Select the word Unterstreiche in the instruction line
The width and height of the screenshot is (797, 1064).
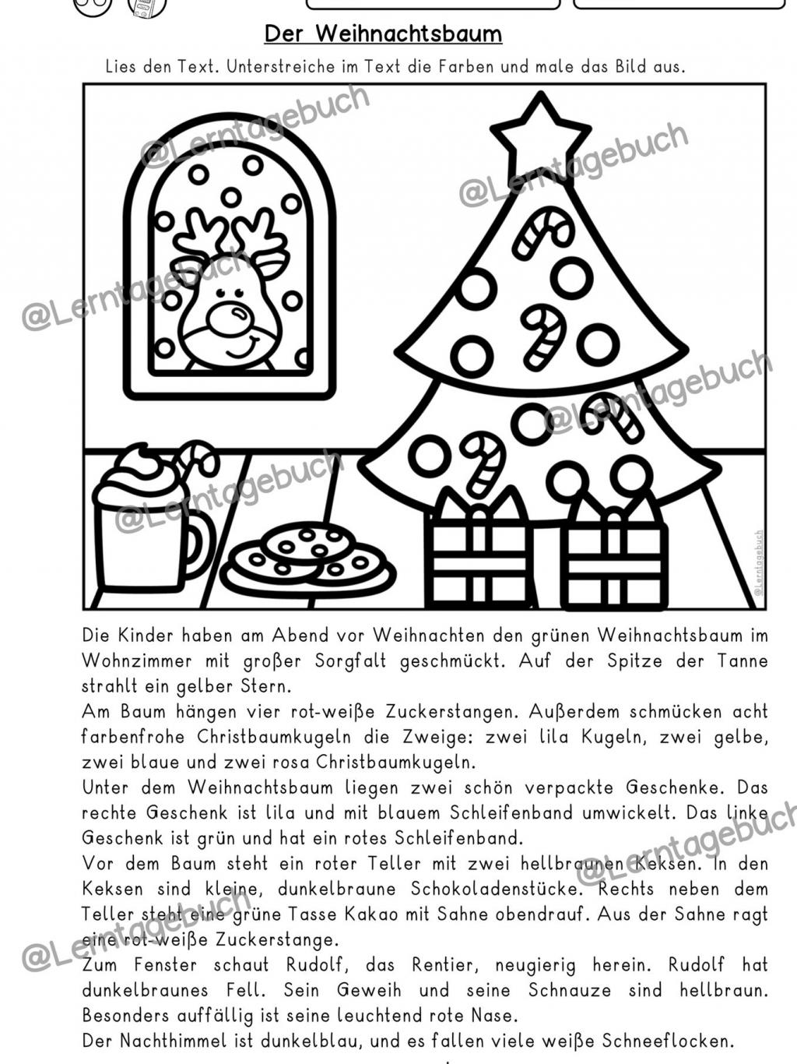click(272, 66)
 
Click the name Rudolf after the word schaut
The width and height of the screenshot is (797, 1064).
click(314, 965)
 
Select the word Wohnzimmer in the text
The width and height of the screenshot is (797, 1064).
click(137, 661)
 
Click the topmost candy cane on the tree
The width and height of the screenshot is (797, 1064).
click(542, 231)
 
